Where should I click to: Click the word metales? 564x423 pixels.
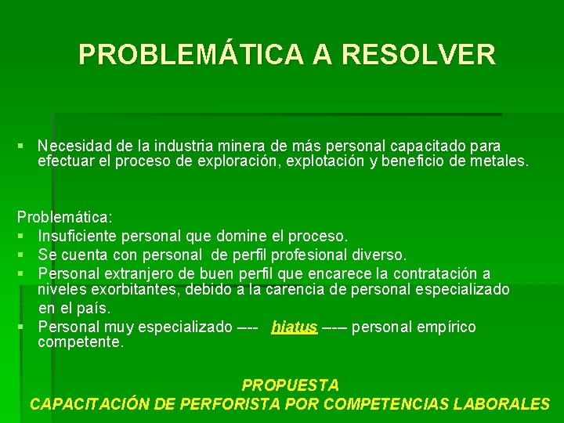coord(501,162)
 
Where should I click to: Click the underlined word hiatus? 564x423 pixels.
coord(294,327)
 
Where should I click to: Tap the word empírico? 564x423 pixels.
coord(449,327)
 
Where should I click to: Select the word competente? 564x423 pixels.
coord(80,342)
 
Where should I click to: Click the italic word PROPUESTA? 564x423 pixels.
coord(291,385)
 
